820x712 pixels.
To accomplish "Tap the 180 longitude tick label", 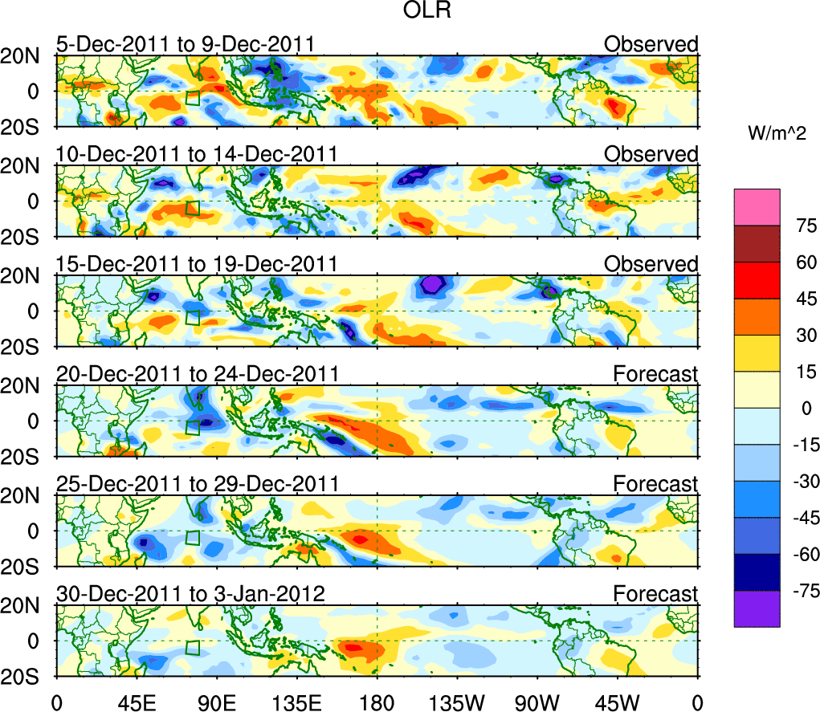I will pyautogui.click(x=377, y=702).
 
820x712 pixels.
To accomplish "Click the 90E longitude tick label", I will pyautogui.click(x=216, y=702).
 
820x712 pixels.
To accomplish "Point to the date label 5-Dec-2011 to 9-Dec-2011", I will pyautogui.click(x=185, y=44).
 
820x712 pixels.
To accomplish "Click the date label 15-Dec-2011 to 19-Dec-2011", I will pyautogui.click(x=195, y=264).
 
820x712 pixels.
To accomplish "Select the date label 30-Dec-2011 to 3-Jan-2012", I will pyautogui.click(x=190, y=594).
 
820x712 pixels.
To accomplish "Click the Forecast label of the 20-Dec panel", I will pyautogui.click(x=655, y=373).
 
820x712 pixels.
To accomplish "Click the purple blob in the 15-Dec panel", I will pyautogui.click(x=432, y=283).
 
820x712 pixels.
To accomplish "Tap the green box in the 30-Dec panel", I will pyautogui.click(x=193, y=648).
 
